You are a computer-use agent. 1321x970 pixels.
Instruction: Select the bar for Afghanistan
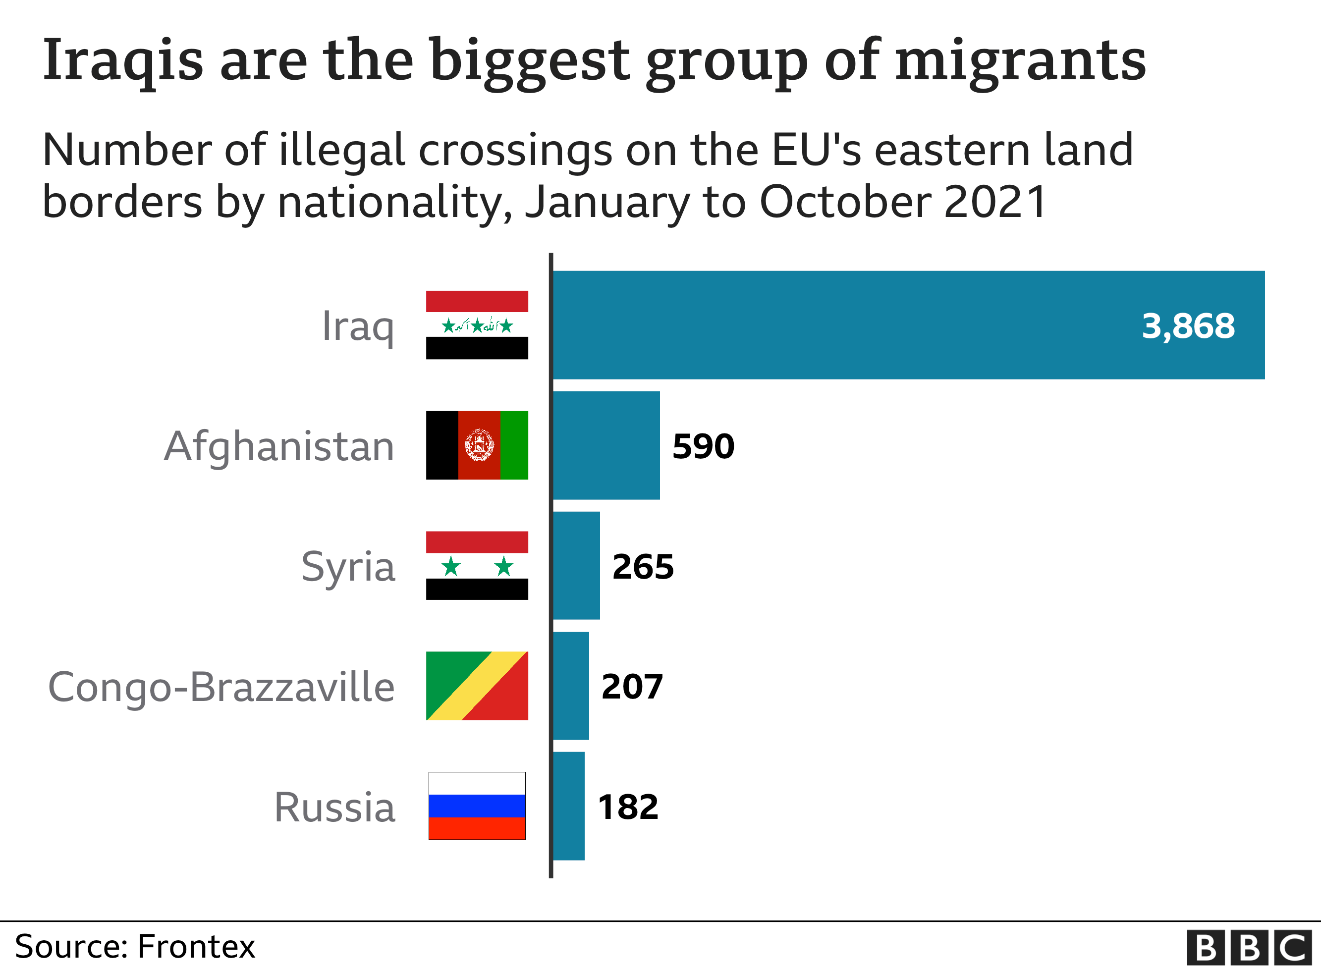606,445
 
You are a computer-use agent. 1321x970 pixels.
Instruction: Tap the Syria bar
576,565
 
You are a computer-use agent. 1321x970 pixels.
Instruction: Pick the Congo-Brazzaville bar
571,686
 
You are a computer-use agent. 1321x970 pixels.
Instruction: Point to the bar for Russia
568,806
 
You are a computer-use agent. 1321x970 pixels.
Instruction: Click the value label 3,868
1188,326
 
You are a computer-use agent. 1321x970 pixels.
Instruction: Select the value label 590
703,446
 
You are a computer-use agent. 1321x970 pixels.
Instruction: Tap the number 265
643,567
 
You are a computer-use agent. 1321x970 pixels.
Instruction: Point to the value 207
632,687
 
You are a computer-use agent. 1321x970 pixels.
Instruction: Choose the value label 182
628,807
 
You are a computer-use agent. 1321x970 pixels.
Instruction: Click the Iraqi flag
477,324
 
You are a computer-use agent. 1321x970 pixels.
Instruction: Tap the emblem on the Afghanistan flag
479,445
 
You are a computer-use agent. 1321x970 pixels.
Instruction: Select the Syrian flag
477,565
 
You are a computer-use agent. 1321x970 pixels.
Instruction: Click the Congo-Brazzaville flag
477,686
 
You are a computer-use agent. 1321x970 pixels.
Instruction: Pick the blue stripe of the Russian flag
477,806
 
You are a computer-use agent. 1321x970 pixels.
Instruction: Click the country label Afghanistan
279,447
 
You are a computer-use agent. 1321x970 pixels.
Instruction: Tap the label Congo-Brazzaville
221,687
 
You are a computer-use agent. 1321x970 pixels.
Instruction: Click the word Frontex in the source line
196,947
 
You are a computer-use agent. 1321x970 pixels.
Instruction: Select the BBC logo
1249,947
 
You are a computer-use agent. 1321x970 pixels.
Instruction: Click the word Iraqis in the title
123,60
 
